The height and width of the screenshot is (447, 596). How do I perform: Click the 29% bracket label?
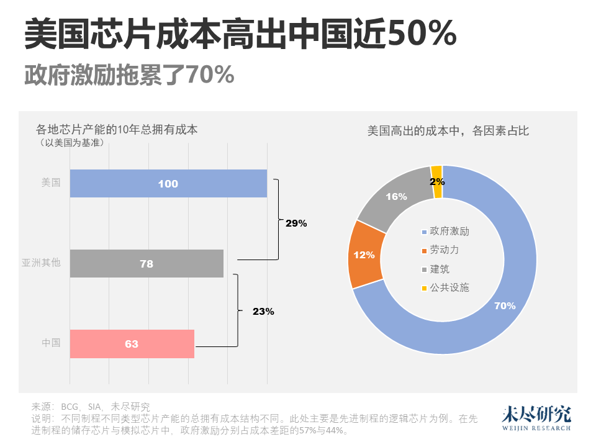tap(296, 223)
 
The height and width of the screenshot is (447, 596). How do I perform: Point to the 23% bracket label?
tap(263, 312)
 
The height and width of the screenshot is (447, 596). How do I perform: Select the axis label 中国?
tap(51, 343)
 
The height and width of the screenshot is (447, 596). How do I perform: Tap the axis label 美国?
tap(51, 183)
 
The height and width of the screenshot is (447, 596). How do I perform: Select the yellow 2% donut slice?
tap(437, 181)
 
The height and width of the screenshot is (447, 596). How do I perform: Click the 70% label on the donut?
tap(504, 305)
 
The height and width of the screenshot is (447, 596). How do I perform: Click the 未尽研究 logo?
tap(536, 418)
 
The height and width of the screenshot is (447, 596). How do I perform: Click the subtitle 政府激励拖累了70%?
tap(129, 75)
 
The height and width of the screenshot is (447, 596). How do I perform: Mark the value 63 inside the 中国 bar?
tap(132, 344)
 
